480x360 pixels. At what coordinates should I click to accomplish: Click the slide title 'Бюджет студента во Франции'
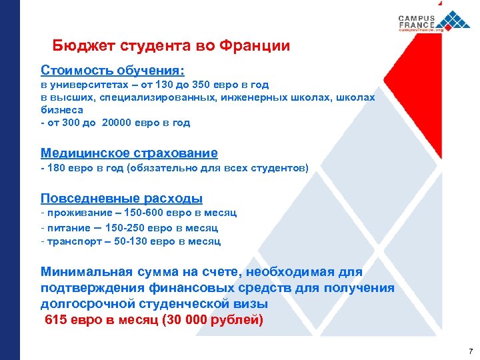click(x=171, y=46)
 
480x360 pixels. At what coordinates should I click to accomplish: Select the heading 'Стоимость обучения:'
click(x=113, y=70)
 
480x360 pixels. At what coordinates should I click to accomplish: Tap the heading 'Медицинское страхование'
click(x=129, y=153)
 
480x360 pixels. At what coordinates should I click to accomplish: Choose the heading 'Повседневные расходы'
click(x=121, y=199)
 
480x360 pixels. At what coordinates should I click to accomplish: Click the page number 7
click(x=470, y=351)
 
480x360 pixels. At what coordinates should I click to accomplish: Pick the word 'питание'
click(x=65, y=227)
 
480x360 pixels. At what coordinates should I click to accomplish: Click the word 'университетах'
click(x=87, y=85)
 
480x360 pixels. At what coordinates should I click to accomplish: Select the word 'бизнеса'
click(x=61, y=110)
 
